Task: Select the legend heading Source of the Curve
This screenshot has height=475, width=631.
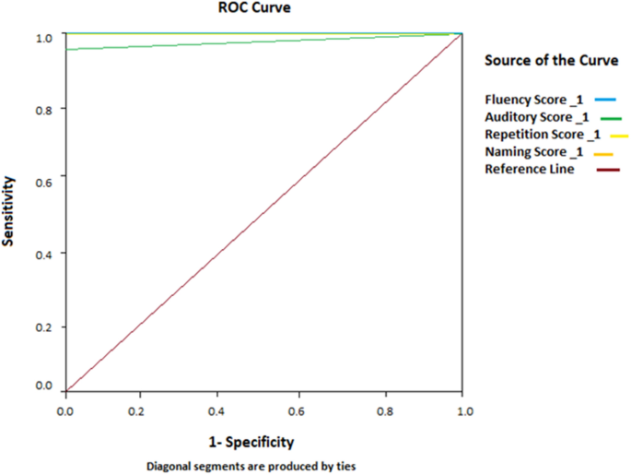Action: point(548,61)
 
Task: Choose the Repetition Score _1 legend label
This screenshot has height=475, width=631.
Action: point(543,135)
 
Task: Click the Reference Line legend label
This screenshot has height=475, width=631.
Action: point(530,170)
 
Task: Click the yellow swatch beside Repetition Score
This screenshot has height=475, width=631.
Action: point(619,136)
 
